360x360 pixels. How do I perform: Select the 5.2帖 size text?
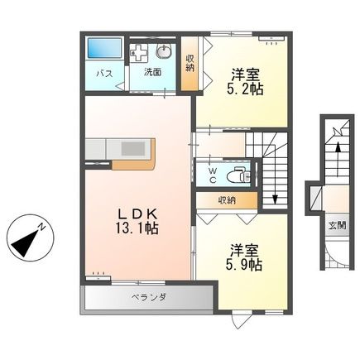[x=245, y=89]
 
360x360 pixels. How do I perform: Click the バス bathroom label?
[x=103, y=73]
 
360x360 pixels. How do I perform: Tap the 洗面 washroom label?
[x=153, y=72]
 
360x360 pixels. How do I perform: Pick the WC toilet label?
[x=212, y=174]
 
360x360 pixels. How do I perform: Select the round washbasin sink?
[x=162, y=50]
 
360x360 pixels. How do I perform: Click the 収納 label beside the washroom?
[x=190, y=63]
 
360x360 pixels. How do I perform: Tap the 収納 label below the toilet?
[x=226, y=199]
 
